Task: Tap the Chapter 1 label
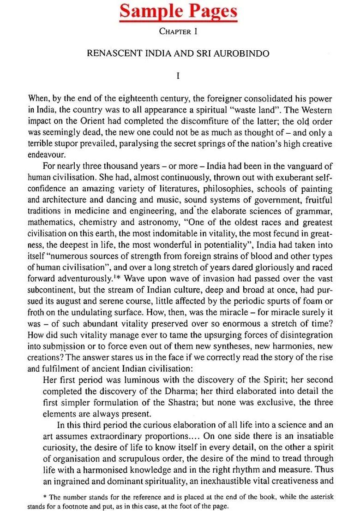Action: pos(179,31)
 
